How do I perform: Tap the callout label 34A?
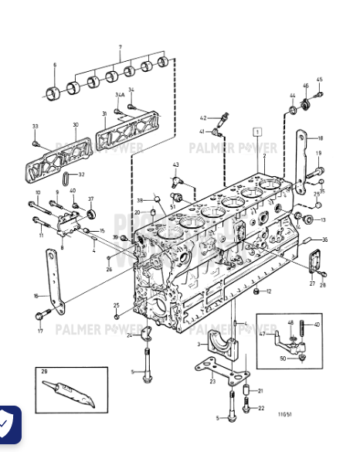click(120, 95)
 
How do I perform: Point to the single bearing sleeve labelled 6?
click(54, 94)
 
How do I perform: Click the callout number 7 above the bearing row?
click(120, 47)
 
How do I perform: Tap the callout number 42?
click(202, 118)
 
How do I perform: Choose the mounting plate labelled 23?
click(210, 371)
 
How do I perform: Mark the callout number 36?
click(324, 240)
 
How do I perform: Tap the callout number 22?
click(260, 408)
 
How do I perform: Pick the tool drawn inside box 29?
click(69, 394)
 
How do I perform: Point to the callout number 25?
click(117, 305)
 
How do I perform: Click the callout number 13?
click(322, 220)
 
